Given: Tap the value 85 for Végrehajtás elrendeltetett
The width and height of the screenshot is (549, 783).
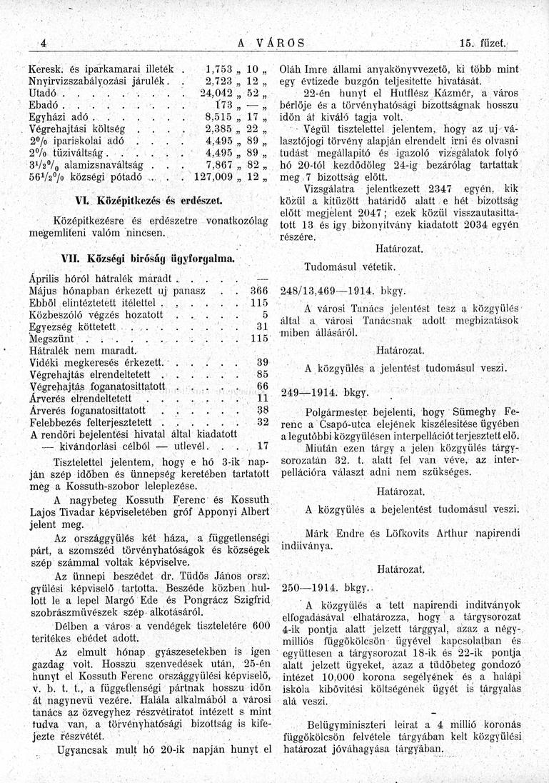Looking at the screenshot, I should [261, 374].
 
